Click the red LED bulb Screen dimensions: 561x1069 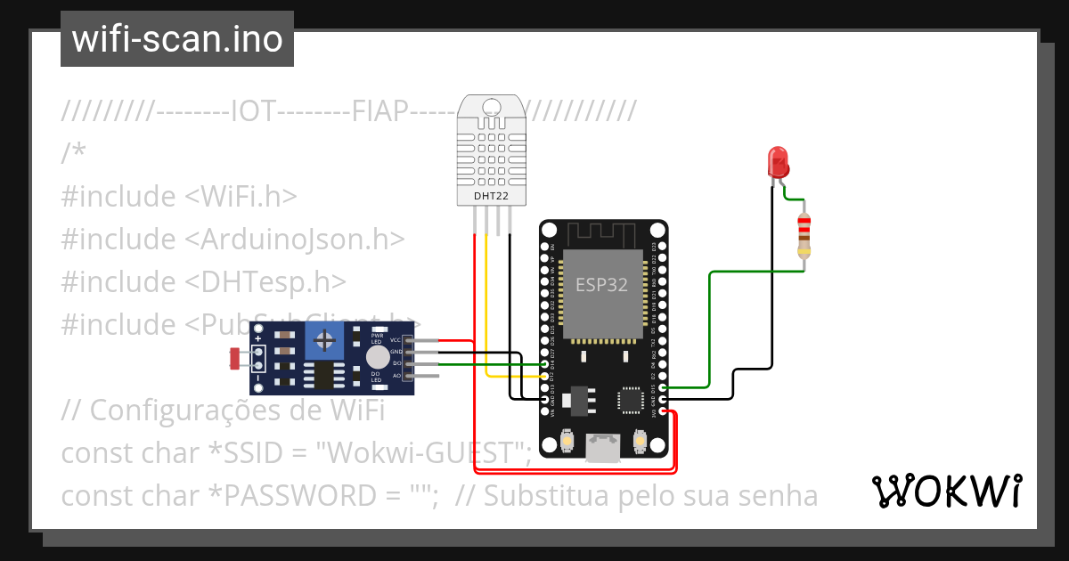coord(778,162)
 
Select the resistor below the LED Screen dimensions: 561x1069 coord(804,234)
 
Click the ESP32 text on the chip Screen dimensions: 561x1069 coord(602,285)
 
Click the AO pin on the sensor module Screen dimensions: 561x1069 coord(409,376)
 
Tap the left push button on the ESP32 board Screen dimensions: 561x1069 coord(568,441)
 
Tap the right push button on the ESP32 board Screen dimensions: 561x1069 coord(640,441)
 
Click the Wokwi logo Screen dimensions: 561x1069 coord(946,491)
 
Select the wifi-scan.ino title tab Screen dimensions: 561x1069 coord(177,39)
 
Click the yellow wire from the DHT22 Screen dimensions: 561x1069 coord(486,303)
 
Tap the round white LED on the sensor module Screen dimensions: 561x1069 coord(378,356)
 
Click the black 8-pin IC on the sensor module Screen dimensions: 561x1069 coord(326,375)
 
